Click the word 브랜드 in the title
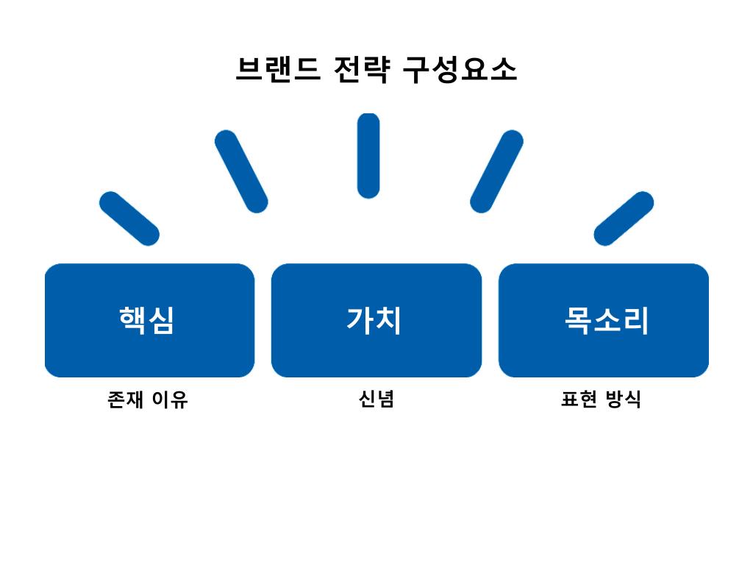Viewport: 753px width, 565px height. click(x=278, y=70)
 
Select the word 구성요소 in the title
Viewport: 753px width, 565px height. click(x=460, y=70)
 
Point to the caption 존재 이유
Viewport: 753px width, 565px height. click(x=148, y=399)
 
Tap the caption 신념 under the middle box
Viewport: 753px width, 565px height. click(x=376, y=399)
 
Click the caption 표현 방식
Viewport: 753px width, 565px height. click(x=601, y=399)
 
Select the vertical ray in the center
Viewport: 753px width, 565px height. click(x=368, y=155)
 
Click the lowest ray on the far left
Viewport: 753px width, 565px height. click(x=129, y=218)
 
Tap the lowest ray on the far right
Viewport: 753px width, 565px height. click(x=624, y=218)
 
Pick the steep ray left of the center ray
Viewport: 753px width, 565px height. click(x=241, y=171)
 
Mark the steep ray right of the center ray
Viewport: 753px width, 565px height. click(x=496, y=171)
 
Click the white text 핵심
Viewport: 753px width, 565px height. click(x=147, y=320)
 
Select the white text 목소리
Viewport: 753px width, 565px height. click(x=607, y=320)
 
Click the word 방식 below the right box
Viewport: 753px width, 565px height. click(x=624, y=399)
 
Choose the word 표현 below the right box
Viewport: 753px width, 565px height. click(x=578, y=399)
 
